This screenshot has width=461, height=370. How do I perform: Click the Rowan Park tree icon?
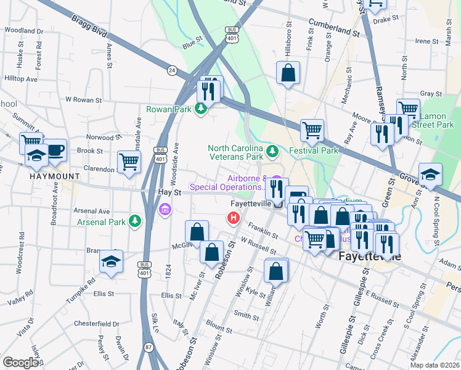[x=200, y=109]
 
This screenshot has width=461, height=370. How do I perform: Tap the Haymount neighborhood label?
[x=55, y=176]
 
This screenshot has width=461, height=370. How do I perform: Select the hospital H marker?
[x=233, y=218]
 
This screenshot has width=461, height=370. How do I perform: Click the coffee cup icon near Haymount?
[x=55, y=150]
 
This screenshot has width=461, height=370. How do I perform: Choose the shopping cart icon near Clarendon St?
[x=129, y=162]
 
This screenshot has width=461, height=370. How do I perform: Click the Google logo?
[x=20, y=363]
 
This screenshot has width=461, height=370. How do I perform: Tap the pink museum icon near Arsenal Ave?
[x=165, y=211]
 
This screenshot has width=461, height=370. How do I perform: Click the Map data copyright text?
[x=434, y=365]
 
